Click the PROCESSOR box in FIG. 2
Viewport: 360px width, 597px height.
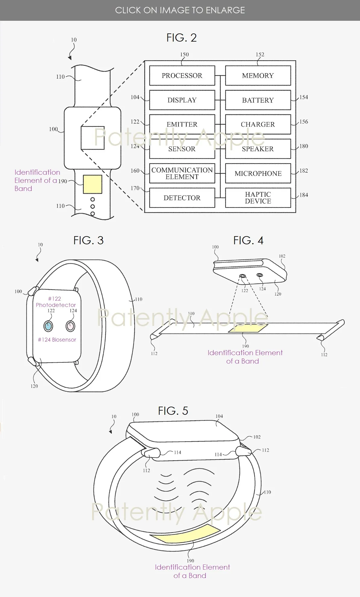click(182, 75)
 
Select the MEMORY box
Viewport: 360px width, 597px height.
click(258, 75)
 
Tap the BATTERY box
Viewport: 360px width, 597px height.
click(258, 100)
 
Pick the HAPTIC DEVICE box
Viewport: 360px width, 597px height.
click(258, 198)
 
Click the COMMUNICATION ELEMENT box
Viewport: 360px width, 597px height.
click(182, 173)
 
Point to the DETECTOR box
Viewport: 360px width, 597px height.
click(182, 198)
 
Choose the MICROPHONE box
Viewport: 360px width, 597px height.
click(258, 173)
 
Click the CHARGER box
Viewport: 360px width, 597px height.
click(258, 124)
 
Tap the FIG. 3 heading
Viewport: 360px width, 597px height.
click(88, 240)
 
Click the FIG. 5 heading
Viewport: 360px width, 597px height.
click(173, 411)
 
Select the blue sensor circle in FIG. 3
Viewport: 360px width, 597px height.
click(48, 326)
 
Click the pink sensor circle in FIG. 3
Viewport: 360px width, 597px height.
click(70, 326)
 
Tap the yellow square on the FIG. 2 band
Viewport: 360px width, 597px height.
click(92, 184)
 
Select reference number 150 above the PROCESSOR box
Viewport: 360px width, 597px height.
click(184, 55)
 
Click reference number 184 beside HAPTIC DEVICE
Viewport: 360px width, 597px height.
click(304, 195)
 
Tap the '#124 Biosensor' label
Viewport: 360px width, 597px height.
click(57, 339)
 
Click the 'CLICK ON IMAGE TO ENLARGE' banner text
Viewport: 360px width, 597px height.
click(180, 10)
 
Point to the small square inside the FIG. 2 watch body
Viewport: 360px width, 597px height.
click(92, 138)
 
